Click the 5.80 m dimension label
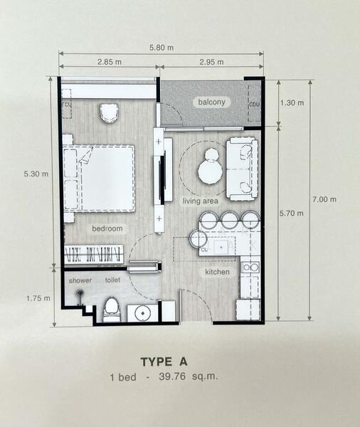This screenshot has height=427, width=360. coord(162,48)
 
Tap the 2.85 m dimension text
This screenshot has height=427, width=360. coord(110,62)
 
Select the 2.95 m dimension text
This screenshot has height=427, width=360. coord(211,62)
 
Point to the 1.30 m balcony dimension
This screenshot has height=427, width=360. coord(292,102)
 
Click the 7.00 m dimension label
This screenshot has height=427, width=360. coord(324,199)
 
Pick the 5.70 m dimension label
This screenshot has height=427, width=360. coord(292,213)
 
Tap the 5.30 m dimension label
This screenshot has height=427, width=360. coord(36,174)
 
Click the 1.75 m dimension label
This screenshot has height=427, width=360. coord(38,298)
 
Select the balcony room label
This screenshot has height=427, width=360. coord(211,102)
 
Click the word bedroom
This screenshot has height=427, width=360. coord(107,228)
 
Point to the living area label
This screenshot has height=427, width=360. coord(200,201)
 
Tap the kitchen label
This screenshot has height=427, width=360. coord(217,272)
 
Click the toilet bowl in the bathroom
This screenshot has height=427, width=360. coord(112,310)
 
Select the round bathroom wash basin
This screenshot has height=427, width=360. coord(143,314)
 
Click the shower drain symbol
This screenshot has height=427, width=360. coord(80,293)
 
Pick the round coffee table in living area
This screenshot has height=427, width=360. coord(209,172)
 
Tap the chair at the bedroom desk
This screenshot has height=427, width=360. coord(109,113)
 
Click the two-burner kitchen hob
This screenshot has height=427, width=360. coord(250,267)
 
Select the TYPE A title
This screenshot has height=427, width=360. coord(164,362)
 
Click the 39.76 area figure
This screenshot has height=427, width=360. coord(172,376)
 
